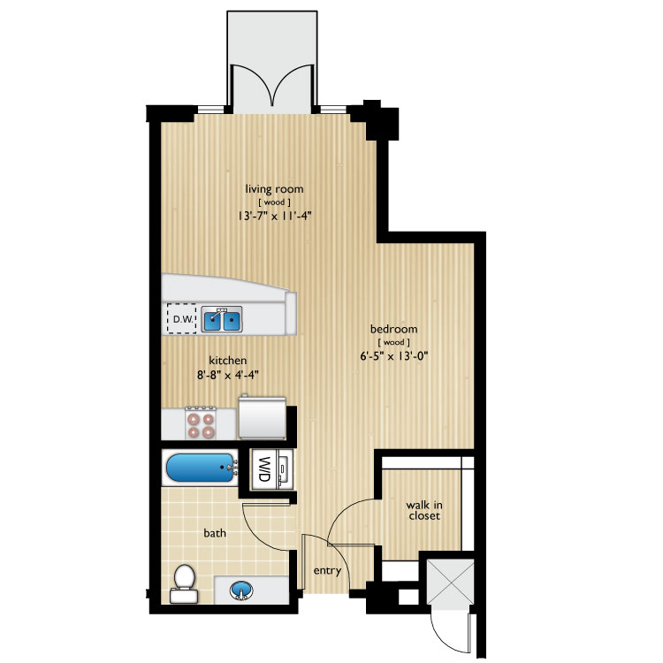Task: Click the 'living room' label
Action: coord(275,188)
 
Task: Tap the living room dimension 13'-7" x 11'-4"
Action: coord(276,216)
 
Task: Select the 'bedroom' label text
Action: coord(393,330)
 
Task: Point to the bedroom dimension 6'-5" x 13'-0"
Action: coord(393,357)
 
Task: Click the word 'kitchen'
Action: coord(226,361)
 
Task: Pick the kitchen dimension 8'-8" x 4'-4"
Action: coord(226,375)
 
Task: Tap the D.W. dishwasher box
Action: coord(182,319)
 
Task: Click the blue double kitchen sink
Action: coord(222,319)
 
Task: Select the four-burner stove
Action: coord(201,421)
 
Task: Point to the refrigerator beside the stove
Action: coord(262,417)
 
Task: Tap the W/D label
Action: coord(263,469)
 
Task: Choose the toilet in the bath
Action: coord(184,583)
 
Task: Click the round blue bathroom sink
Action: coord(241,590)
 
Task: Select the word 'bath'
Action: coord(215,534)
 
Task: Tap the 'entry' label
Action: coord(327,571)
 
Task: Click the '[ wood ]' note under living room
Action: coord(275,202)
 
